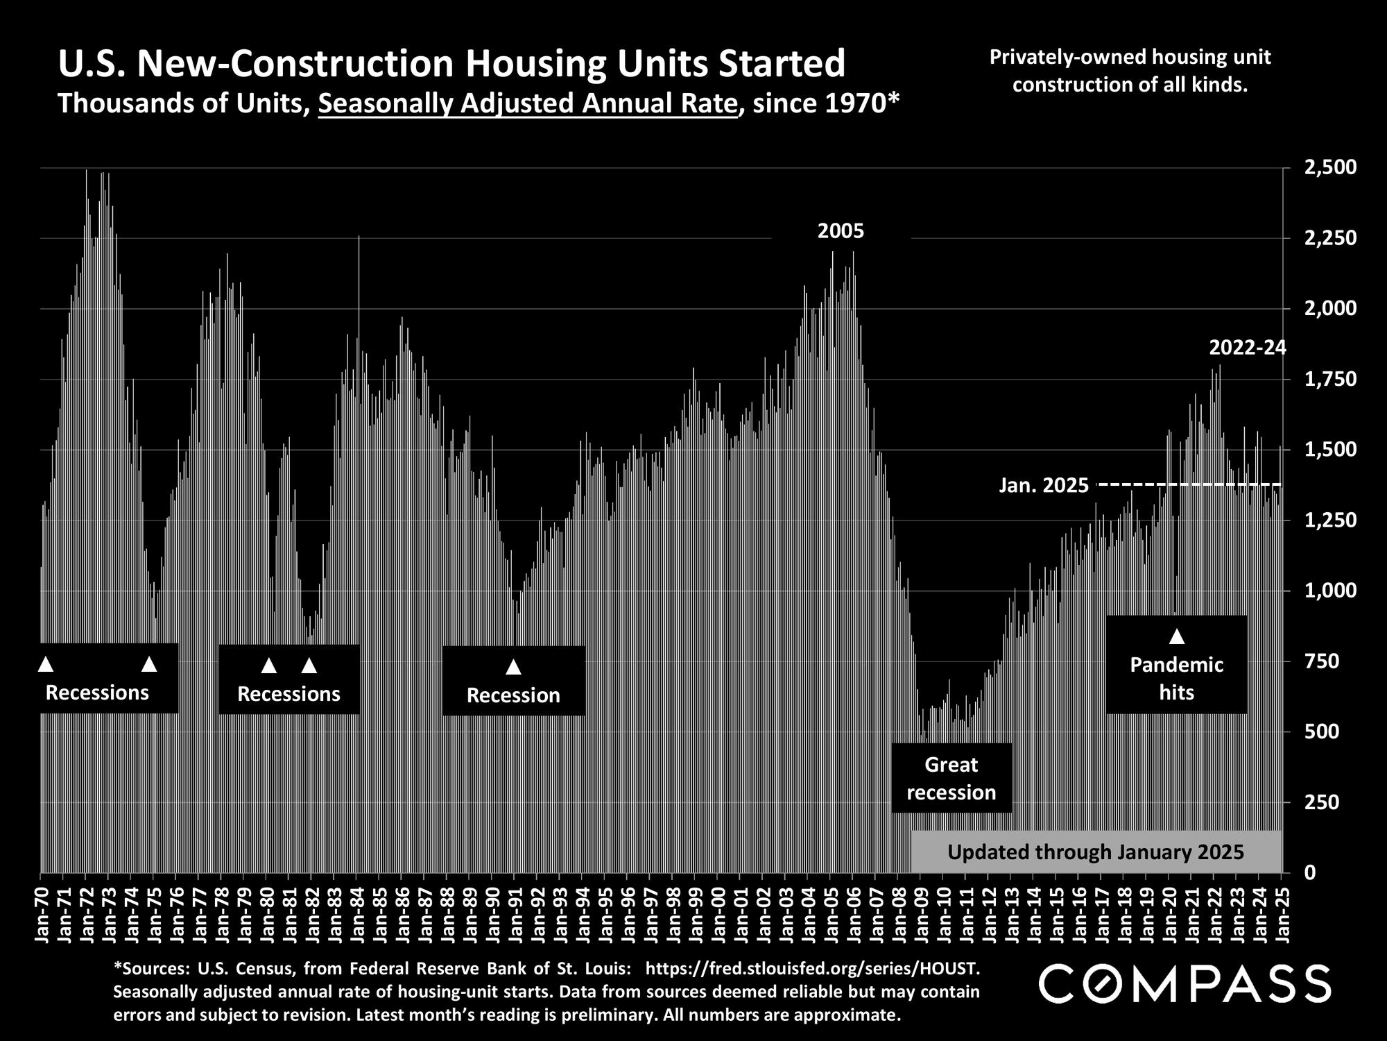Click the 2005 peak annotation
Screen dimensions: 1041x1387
(841, 231)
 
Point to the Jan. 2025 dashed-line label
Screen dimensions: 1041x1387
(1044, 486)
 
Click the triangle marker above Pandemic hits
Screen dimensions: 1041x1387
(1177, 636)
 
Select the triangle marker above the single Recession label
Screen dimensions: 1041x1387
(513, 667)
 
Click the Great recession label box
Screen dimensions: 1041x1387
(951, 779)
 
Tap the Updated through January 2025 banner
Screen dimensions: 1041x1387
(1096, 852)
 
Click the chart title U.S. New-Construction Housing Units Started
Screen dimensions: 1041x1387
(451, 64)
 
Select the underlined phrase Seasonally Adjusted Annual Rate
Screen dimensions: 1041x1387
(528, 104)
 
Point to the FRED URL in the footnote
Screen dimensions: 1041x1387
(812, 967)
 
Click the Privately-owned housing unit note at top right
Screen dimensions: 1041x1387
(1130, 71)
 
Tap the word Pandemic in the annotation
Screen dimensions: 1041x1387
(1177, 665)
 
